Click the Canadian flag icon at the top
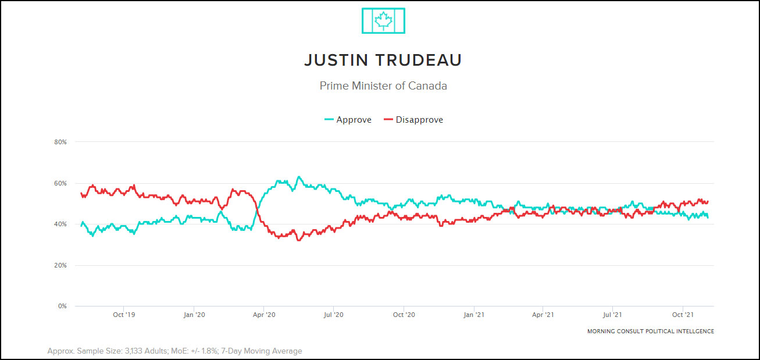click(383, 21)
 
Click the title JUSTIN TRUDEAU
click(383, 60)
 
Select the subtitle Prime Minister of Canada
click(383, 85)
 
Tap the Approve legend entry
click(348, 120)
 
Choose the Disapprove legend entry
click(413, 120)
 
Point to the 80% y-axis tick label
click(60, 142)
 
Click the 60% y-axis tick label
click(60, 183)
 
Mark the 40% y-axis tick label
click(60, 224)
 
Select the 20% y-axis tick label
click(60, 265)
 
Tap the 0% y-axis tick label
click(62, 306)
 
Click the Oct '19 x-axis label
click(124, 315)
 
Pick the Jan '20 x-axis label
click(194, 315)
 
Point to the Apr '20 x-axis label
click(264, 315)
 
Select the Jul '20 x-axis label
click(333, 315)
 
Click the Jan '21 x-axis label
click(474, 315)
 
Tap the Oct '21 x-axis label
click(682, 315)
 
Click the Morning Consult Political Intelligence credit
click(650, 332)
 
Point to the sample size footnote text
click(174, 351)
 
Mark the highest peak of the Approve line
click(298, 177)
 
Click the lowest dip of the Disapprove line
click(299, 240)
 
